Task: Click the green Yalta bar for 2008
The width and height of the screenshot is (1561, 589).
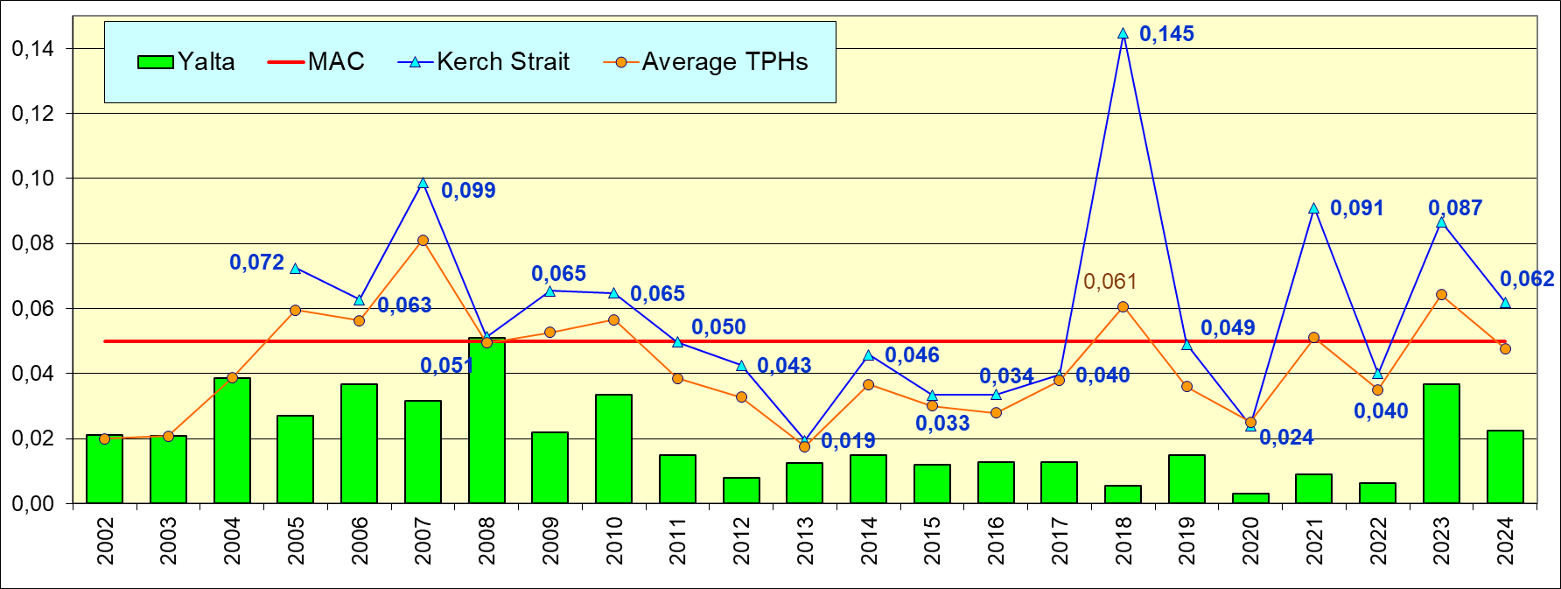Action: tap(486, 420)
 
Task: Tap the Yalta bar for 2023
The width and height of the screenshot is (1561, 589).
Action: tap(1441, 443)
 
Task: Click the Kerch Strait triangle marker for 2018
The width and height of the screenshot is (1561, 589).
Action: tap(1123, 34)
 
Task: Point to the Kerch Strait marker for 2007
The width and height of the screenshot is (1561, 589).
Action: tap(423, 183)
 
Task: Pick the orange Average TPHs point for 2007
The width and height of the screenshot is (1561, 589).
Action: tap(423, 241)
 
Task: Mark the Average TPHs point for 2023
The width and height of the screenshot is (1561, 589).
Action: tap(1441, 295)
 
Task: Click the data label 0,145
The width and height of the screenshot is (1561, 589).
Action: tap(1166, 34)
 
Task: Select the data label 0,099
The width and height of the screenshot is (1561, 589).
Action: tap(468, 191)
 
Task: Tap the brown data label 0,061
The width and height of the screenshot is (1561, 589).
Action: tap(1109, 282)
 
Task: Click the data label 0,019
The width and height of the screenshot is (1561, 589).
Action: tap(848, 441)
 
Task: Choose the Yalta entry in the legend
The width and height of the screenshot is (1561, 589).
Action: tap(186, 62)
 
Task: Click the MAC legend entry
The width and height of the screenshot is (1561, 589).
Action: tap(316, 62)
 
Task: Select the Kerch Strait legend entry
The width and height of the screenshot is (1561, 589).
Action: tap(484, 62)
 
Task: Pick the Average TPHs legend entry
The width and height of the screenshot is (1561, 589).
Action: tap(706, 62)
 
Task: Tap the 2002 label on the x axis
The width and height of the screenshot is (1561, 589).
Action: tap(105, 541)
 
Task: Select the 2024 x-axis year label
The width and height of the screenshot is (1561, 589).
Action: tap(1505, 541)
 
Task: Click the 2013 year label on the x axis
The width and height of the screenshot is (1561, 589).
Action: tap(805, 541)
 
